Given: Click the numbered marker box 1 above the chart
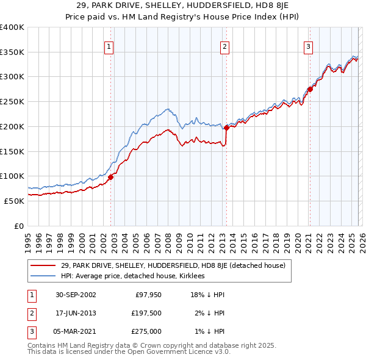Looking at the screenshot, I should click(109, 46).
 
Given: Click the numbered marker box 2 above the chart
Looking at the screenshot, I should click(224, 46).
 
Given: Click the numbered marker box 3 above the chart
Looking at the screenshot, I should click(308, 46).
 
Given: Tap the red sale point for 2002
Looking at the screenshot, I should click(111, 177).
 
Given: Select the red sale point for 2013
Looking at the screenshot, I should click(226, 128).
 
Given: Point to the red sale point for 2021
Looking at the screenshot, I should click(310, 89).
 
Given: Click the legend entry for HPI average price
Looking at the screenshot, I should click(132, 276).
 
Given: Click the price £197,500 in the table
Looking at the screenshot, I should click(145, 313).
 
